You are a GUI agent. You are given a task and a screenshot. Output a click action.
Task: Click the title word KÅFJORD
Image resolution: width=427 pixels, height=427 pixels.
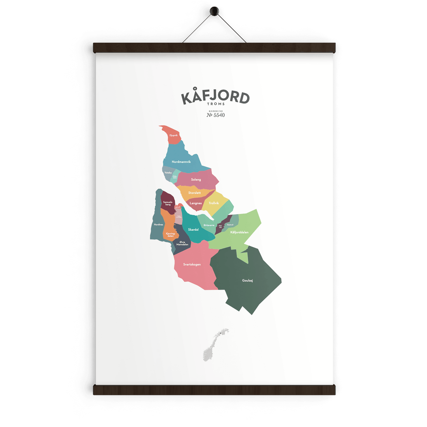coord(215,97)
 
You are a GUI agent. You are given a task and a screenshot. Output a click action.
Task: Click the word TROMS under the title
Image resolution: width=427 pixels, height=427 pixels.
coord(215,104)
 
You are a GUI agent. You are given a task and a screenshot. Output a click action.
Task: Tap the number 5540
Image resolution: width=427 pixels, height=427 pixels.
coord(219,115)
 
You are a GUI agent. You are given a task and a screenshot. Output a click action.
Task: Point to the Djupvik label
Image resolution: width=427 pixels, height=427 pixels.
coord(174,135)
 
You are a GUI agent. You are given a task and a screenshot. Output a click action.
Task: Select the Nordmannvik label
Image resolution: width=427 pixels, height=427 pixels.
coord(181,161)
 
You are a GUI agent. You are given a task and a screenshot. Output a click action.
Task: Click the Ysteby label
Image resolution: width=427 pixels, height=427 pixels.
coord(168,173)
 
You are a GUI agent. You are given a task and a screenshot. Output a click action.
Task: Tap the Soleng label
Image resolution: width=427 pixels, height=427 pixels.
coord(196,180)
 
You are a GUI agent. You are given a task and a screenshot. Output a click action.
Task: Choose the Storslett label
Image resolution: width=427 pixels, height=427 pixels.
coord(194,193)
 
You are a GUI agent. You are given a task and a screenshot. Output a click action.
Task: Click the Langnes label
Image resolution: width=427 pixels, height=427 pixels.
coord(196,203)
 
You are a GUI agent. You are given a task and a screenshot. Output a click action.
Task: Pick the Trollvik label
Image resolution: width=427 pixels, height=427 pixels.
coord(213,203)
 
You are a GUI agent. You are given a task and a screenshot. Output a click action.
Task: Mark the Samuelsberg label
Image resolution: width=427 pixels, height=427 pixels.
coord(168,203)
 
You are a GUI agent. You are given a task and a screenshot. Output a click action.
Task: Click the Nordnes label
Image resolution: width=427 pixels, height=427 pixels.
coord(158,224)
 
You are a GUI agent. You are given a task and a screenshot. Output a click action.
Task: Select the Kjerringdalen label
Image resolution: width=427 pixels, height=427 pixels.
coord(170,234)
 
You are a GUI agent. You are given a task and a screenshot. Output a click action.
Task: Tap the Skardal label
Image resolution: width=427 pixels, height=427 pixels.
coord(193,230)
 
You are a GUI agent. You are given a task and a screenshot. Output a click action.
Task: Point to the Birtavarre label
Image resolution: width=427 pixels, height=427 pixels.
coord(209,225)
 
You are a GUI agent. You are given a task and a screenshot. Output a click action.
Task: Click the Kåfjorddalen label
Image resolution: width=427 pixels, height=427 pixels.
coord(239,233)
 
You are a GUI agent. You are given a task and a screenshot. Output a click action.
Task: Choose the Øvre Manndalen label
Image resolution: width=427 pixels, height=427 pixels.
coord(182,243)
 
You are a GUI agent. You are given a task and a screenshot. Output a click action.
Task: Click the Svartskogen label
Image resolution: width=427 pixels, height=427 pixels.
coord(192,264)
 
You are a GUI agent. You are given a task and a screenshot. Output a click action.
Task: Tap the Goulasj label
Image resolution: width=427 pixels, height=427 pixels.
coord(247,280)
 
